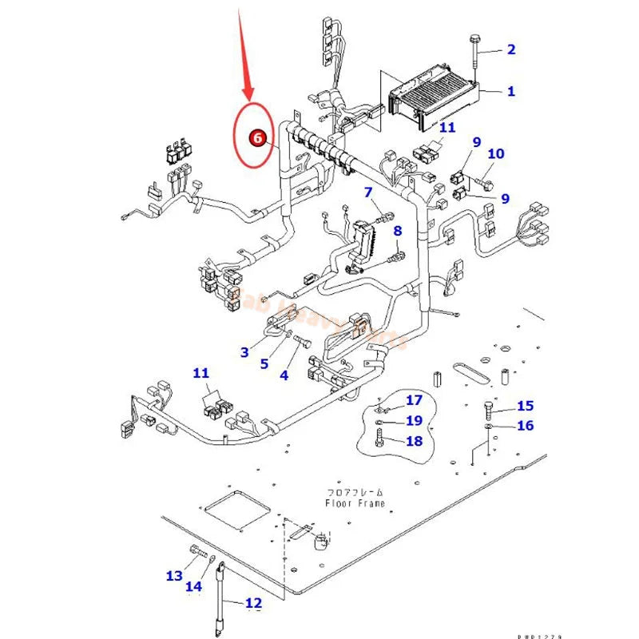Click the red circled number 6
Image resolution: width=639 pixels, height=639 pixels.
257,137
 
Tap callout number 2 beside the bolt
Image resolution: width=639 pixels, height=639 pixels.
510,50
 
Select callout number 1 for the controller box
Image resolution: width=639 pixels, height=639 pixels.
510,91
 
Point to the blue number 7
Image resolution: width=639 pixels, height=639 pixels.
368,192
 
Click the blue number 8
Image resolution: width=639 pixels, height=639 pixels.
397,232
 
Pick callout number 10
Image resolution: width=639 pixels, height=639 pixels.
496,153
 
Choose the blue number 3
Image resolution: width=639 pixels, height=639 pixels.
245,351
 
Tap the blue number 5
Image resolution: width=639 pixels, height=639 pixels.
264,363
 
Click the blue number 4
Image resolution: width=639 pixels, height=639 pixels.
284,375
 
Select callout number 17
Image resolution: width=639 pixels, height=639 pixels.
414,400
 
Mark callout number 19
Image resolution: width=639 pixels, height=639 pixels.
414,420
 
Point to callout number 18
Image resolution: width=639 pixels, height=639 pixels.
414,440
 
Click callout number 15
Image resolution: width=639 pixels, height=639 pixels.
525,407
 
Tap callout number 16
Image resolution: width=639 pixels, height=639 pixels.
525,426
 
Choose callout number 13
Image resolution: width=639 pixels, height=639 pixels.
174,575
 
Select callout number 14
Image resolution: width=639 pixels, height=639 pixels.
194,587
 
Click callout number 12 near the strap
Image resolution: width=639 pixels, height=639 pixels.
253,603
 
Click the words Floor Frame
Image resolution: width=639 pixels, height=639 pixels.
355,503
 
